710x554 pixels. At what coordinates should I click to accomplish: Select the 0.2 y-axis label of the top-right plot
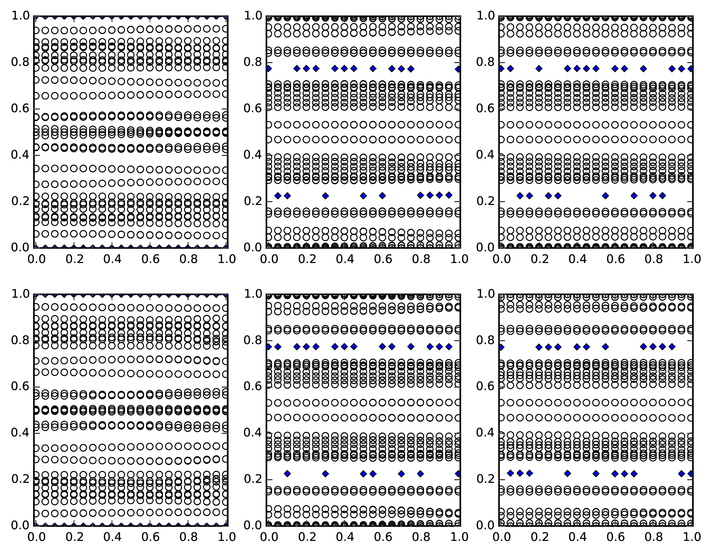pyautogui.click(x=485, y=201)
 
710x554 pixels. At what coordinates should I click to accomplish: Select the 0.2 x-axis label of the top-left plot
pyautogui.click(x=73, y=259)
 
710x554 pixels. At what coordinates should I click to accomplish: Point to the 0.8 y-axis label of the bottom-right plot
pyautogui.click(x=485, y=341)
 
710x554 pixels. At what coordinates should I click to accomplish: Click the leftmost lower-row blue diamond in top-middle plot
pyautogui.click(x=278, y=195)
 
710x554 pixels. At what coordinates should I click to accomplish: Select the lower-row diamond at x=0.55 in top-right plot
pyautogui.click(x=605, y=195)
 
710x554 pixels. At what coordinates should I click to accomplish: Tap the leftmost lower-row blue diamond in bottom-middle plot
pyautogui.click(x=287, y=473)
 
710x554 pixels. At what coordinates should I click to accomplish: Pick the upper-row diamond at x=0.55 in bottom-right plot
pyautogui.click(x=605, y=347)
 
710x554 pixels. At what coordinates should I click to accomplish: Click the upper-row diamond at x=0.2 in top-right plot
pyautogui.click(x=539, y=69)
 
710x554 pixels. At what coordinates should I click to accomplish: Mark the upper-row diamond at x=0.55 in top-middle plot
pyautogui.click(x=373, y=69)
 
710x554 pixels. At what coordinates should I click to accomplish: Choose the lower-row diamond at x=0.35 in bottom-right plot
pyautogui.click(x=568, y=473)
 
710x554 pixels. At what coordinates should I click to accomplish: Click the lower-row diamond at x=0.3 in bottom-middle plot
pyautogui.click(x=325, y=473)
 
